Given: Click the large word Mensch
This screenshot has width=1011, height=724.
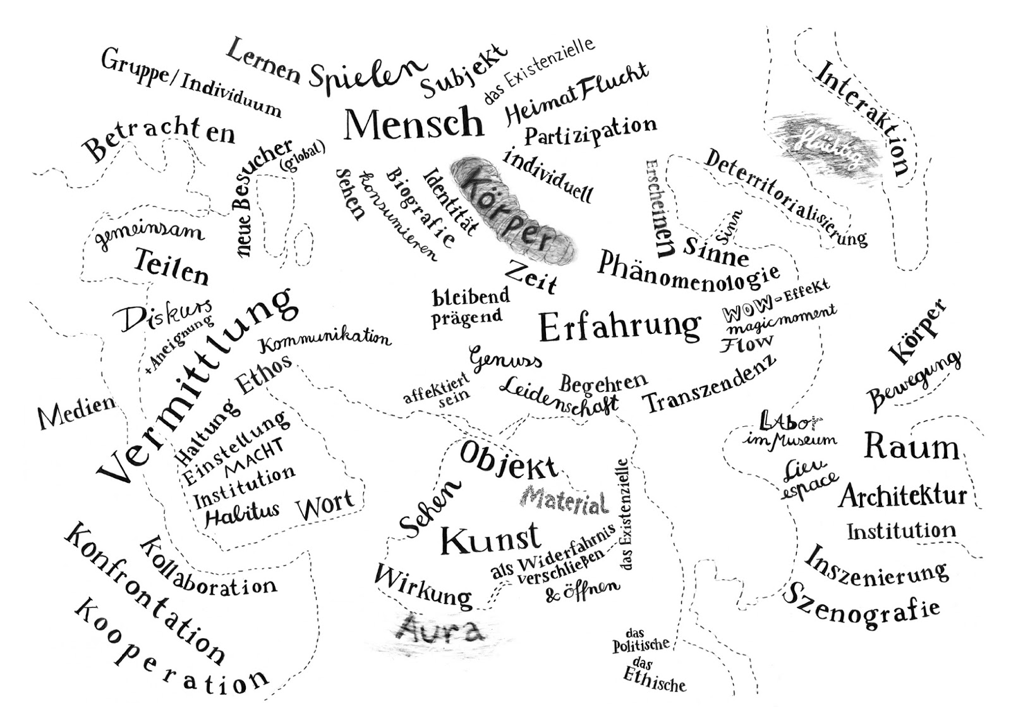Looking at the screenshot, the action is tap(414, 123).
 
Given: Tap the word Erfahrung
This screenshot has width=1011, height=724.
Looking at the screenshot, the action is tap(619, 326).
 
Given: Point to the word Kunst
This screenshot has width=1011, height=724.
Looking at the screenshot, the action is tap(490, 539).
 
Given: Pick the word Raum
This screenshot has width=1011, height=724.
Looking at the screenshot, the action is tap(911, 446).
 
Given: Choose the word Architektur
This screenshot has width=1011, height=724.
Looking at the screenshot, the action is tap(903, 496).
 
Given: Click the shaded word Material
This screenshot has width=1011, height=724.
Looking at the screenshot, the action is tap(566, 501).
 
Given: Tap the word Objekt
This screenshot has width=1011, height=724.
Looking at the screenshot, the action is tap(509, 460).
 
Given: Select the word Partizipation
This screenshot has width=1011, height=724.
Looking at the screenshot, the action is tap(590, 131).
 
